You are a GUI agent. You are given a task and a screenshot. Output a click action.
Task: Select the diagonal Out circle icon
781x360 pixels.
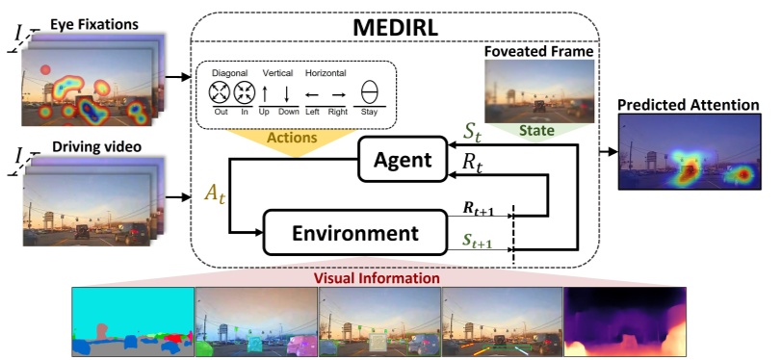(221, 93)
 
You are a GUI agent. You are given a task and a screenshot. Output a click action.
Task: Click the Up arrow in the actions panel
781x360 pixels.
(265, 93)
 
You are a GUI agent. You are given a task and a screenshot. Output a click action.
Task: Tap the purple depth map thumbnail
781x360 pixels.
(625, 321)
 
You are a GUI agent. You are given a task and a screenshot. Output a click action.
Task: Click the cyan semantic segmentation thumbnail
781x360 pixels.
(133, 321)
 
